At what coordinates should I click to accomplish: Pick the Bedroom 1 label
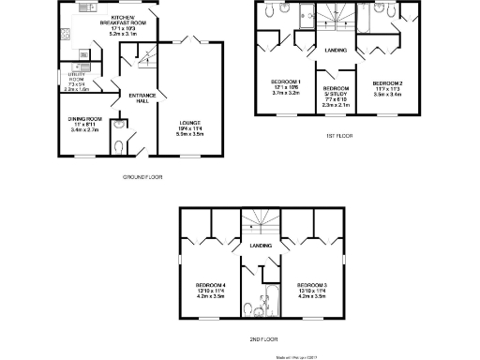click(286, 84)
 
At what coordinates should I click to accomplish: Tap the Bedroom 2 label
click(386, 84)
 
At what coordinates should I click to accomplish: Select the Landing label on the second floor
click(261, 246)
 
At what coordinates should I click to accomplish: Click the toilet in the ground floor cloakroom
click(116, 142)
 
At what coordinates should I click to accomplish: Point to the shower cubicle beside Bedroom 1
click(306, 14)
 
